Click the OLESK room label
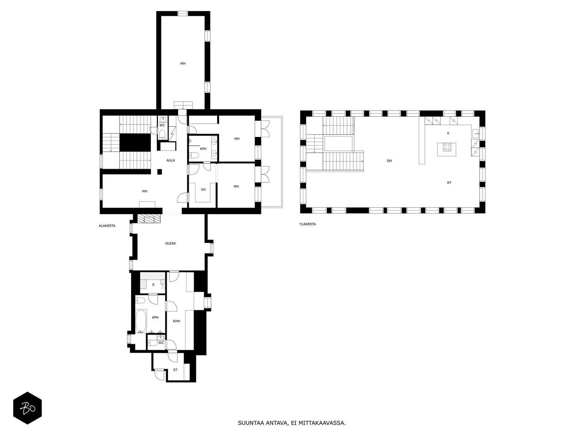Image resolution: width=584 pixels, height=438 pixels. point(170,243)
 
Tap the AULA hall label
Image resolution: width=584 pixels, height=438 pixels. point(170,160)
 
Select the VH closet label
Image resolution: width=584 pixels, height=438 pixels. point(203,189)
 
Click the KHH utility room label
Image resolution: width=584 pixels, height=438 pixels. point(177,321)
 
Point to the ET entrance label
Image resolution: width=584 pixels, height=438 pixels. point(175,370)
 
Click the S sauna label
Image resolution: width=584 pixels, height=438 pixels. point(153,284)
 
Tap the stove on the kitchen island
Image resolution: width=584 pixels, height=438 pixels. point(447,147)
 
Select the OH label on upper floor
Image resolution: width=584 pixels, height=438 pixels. point(389,161)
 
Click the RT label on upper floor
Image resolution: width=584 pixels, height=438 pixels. point(449,182)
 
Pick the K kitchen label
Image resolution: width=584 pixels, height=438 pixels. point(448,133)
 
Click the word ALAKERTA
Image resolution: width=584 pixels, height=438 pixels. point(107,226)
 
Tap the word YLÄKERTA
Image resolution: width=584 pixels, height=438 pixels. point(307,224)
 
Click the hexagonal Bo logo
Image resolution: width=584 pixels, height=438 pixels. point(27,408)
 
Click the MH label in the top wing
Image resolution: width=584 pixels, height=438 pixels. point(183,64)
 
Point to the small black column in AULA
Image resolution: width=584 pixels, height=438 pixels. point(159,172)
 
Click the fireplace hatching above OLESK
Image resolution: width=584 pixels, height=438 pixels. point(149,219)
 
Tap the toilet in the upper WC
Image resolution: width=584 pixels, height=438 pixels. point(162,134)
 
